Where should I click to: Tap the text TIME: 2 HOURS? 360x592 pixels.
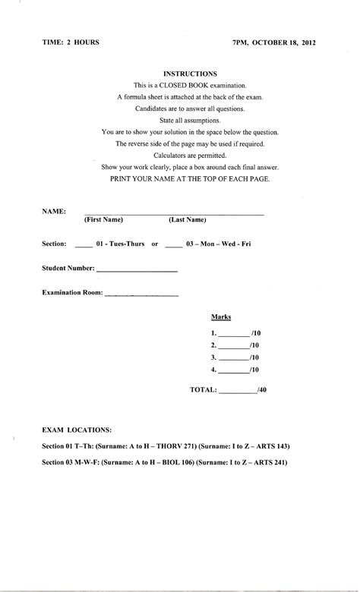point(71,43)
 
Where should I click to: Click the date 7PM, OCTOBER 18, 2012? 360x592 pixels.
point(274,43)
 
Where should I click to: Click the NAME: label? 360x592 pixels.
point(54,210)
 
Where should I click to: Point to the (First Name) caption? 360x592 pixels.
point(104,220)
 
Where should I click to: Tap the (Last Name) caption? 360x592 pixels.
point(188,220)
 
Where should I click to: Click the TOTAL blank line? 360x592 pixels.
point(238,391)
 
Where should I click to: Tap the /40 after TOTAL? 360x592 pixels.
point(262,390)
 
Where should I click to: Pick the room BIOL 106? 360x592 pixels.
point(181,461)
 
